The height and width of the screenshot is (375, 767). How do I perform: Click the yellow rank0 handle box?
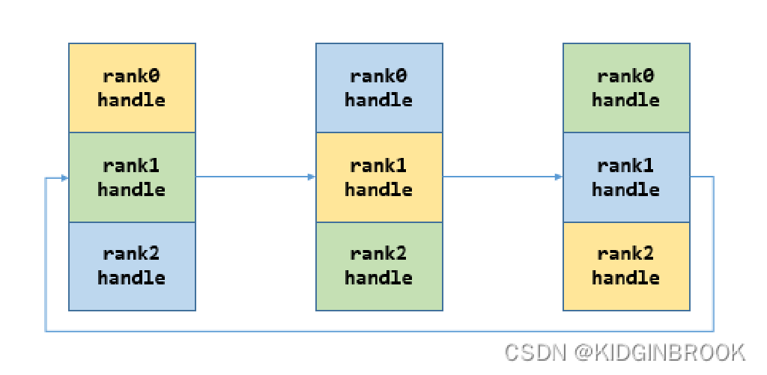click(x=132, y=88)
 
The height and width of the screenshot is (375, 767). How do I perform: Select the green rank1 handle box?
click(x=132, y=177)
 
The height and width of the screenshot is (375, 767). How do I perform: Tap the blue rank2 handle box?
click(x=132, y=266)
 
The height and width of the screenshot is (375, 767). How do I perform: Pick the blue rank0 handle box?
click(x=378, y=88)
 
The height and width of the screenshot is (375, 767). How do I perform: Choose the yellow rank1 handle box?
click(x=378, y=177)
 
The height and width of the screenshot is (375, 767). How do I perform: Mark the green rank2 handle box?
click(x=378, y=266)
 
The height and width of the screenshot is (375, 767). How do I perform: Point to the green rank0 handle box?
click(x=625, y=88)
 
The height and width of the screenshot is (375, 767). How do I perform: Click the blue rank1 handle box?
click(x=625, y=177)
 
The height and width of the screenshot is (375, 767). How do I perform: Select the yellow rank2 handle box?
click(x=625, y=266)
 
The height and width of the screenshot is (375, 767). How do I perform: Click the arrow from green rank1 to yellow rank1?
click(x=255, y=177)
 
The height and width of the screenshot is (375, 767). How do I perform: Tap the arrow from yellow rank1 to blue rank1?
click(x=502, y=177)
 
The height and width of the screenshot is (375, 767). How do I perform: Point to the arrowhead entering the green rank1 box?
click(x=64, y=178)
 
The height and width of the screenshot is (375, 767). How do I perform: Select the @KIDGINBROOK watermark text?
click(x=660, y=352)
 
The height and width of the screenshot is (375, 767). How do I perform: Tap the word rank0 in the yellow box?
click(x=132, y=76)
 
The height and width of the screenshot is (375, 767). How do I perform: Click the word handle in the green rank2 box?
click(x=378, y=278)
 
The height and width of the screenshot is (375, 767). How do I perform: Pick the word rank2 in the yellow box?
click(x=625, y=254)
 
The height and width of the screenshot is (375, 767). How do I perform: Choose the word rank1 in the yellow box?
click(x=378, y=165)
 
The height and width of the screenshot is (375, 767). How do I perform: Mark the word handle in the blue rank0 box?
click(x=378, y=100)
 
